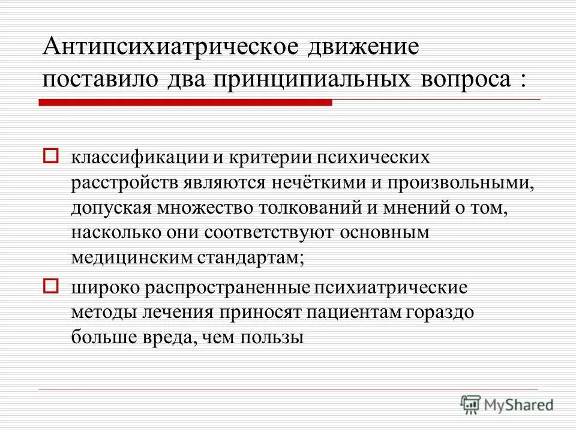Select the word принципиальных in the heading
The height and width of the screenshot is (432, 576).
click(306, 79)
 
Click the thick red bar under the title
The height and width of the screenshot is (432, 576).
click(185, 103)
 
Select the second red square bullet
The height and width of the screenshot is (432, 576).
click(51, 286)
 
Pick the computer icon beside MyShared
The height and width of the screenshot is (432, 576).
click(471, 404)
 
